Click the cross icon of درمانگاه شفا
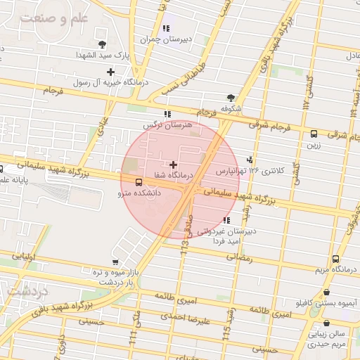tap(174, 165)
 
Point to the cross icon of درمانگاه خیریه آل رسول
tap(110, 72)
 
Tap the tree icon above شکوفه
tap(231, 98)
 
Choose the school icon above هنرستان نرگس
tap(167, 114)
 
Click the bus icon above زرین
tap(314, 134)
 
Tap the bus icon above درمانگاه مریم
tap(335, 259)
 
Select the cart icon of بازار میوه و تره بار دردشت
tap(115, 262)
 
